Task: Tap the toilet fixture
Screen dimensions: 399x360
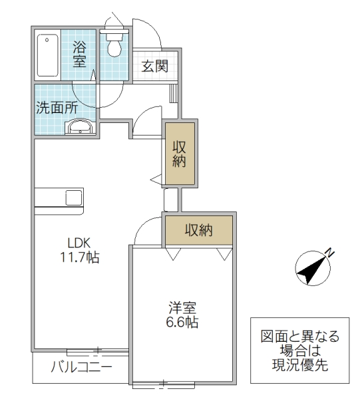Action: [114, 44]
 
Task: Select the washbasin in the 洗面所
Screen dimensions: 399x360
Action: [80, 128]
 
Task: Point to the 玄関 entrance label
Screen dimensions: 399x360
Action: [154, 66]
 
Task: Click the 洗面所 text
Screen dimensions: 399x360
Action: [57, 107]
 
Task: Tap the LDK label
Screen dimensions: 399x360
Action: [82, 243]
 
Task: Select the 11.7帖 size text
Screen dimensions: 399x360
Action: [82, 257]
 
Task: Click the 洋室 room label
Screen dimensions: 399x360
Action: [182, 309]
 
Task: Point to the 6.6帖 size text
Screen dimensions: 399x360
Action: [182, 323]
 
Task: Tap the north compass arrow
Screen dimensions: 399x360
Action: [310, 267]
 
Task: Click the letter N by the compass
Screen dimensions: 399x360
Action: [329, 251]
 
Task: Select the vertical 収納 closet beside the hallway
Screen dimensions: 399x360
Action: [180, 154]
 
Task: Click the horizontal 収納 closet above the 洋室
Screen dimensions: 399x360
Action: [198, 231]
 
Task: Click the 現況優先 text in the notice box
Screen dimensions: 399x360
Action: [298, 365]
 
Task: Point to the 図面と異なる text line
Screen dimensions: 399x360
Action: [298, 337]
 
